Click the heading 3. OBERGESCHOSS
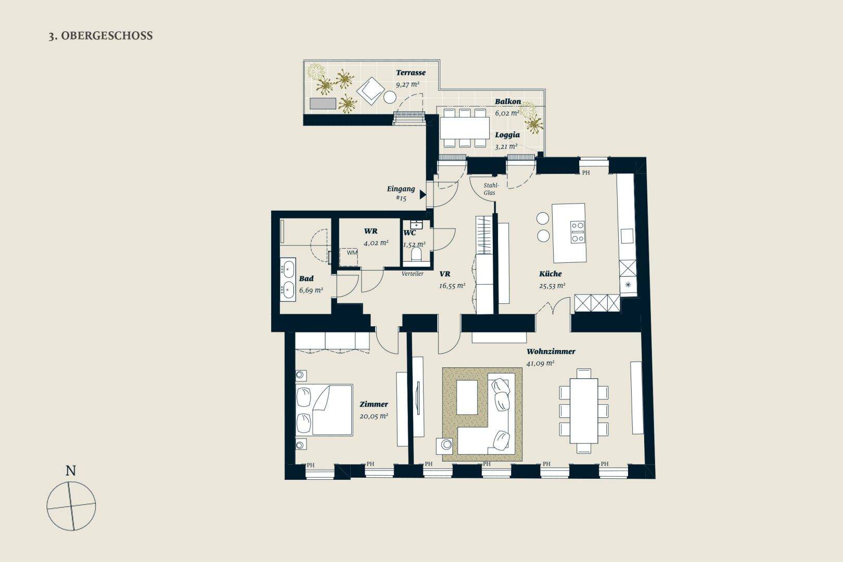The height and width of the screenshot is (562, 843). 100,36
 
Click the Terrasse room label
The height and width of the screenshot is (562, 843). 411,73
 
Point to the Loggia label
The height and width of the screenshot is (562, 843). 507,135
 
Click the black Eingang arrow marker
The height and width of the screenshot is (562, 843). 423,195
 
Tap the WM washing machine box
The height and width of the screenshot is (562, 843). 349,257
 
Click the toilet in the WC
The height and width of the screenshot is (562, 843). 416,254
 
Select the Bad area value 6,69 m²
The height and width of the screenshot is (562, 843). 311,290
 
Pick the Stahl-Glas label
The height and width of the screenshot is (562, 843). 490,189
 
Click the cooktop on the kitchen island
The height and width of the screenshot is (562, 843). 577,232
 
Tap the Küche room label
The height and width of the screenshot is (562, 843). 550,274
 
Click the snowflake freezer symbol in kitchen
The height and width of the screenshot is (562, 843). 628,285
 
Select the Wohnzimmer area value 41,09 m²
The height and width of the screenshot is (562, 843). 540,363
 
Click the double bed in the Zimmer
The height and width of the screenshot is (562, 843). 324,410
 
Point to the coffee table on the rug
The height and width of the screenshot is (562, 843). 467,397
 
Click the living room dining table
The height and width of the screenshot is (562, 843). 584,411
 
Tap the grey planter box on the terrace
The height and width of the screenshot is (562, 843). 323,104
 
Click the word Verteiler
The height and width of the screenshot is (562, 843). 413,274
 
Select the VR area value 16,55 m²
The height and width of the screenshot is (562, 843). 452,286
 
